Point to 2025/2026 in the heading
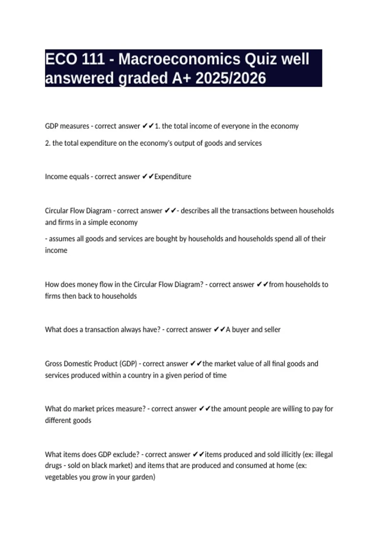pyautogui.click(x=230, y=78)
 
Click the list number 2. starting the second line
pyautogui.click(x=48, y=143)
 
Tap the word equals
pyautogui.click(x=79, y=177)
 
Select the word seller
pyautogui.click(x=272, y=330)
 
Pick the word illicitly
pyautogui.click(x=288, y=454)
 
